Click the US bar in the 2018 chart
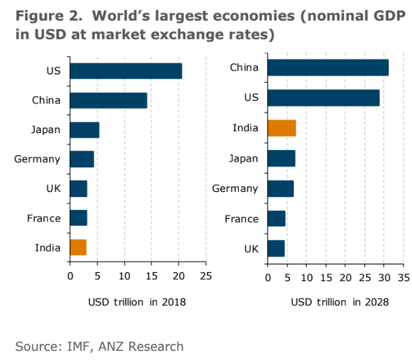tap(125, 71)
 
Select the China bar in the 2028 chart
tap(327, 67)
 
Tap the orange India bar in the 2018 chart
tap(77, 248)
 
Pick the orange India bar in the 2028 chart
tap(282, 128)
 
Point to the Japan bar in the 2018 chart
tap(84, 130)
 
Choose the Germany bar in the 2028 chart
tap(280, 189)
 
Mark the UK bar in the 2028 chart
tap(276, 248)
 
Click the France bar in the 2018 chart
tap(78, 218)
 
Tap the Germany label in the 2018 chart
tap(37, 159)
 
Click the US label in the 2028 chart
tap(250, 98)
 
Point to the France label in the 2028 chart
tap(242, 218)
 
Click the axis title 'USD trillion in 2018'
tap(137, 302)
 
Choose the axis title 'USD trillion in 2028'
tap(339, 302)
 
